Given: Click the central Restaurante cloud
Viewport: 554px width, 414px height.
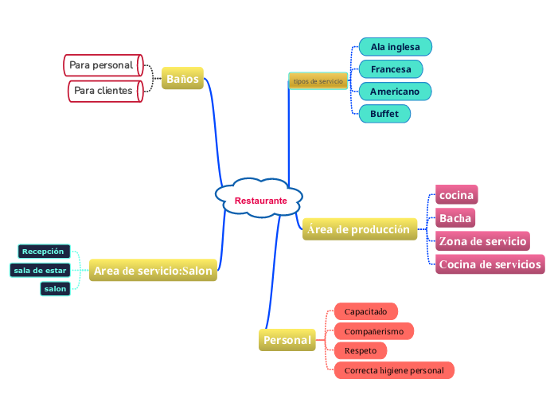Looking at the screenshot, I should pyautogui.click(x=260, y=200).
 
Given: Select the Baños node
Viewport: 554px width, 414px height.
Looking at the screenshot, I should pyautogui.click(x=182, y=78).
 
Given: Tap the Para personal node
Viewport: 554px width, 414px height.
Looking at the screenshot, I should pyautogui.click(x=102, y=64).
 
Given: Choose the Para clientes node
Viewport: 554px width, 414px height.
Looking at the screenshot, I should pyautogui.click(x=103, y=91).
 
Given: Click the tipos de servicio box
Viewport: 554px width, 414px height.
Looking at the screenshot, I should pyautogui.click(x=318, y=81).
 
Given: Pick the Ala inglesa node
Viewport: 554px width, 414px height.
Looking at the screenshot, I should pyautogui.click(x=395, y=47).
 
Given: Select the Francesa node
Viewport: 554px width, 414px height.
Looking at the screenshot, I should pyautogui.click(x=391, y=69).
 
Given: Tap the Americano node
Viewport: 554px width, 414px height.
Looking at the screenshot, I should pyautogui.click(x=394, y=92).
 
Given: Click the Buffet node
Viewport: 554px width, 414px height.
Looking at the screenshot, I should pyautogui.click(x=384, y=114).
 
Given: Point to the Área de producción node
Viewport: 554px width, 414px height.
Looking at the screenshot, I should pyautogui.click(x=359, y=229).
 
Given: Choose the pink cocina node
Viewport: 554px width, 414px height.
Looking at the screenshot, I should pyautogui.click(x=457, y=195).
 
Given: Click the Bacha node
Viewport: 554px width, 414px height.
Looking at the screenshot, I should pyautogui.click(x=455, y=218).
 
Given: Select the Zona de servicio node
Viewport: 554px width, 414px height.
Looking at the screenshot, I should pyautogui.click(x=482, y=241).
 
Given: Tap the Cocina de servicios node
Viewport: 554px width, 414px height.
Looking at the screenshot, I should pyautogui.click(x=490, y=264).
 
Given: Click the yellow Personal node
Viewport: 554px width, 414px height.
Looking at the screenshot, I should pyautogui.click(x=287, y=340).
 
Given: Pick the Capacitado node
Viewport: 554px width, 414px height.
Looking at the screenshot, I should pyautogui.click(x=365, y=310).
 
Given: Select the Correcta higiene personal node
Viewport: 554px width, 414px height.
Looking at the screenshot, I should pyautogui.click(x=394, y=370).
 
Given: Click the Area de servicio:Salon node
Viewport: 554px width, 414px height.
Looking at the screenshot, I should pyautogui.click(x=153, y=271).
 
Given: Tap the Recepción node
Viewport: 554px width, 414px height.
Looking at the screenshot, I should pyautogui.click(x=43, y=252).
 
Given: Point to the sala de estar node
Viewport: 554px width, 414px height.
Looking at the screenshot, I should pyautogui.click(x=40, y=270).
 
